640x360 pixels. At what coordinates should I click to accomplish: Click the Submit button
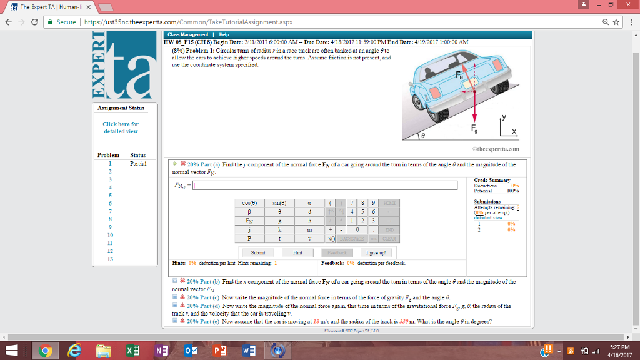(x=257, y=253)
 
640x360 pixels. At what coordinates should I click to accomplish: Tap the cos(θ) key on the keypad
(x=249, y=202)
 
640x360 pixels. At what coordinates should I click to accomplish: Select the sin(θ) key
(x=280, y=202)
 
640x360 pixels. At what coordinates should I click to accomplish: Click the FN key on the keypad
(x=249, y=221)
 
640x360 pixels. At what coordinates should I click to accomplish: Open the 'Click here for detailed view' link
(x=121, y=127)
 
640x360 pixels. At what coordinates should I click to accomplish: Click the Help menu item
(x=224, y=34)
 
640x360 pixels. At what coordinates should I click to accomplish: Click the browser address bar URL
(x=187, y=22)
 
